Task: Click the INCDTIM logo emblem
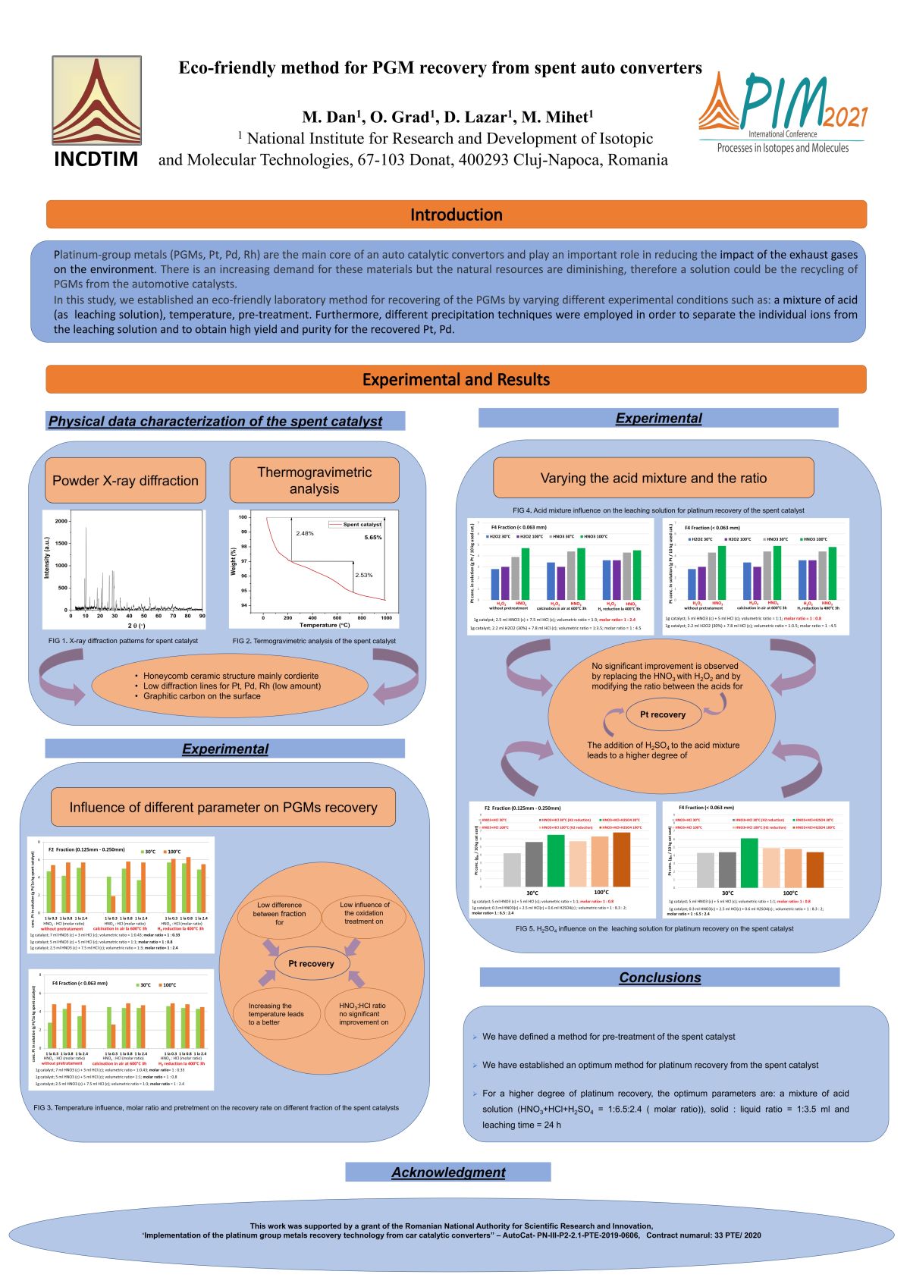pos(96,100)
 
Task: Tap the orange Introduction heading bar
pos(456,215)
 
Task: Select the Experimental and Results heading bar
pos(456,379)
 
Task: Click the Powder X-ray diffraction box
pos(125,480)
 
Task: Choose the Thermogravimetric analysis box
pos(314,480)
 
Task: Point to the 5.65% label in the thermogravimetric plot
pos(373,537)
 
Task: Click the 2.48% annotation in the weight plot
pos(305,533)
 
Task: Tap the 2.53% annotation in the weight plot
pos(364,575)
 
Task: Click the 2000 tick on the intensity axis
pos(61,521)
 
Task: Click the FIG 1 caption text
pos(123,641)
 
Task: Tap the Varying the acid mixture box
pos(653,478)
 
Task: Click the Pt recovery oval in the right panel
pos(662,714)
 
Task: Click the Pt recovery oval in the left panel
pos(311,963)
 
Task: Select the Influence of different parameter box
pos(223,807)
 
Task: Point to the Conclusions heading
pos(660,978)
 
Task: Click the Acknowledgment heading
pos(448,1172)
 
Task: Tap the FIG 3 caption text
pos(216,1107)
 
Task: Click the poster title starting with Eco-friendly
pos(440,67)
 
